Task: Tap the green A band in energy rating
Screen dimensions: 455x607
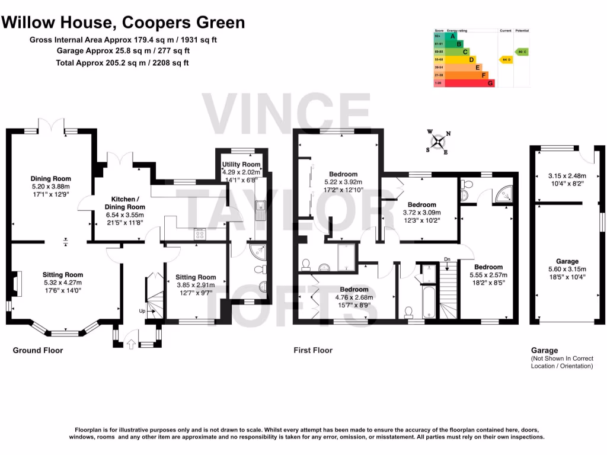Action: [x=453, y=36]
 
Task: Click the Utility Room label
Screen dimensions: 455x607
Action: [x=241, y=164]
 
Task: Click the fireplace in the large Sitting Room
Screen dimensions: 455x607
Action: [x=18, y=283]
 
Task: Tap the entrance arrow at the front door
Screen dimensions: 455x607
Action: [x=131, y=344]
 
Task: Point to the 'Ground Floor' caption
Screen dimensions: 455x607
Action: [x=38, y=351]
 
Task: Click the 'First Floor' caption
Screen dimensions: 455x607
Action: [x=313, y=351]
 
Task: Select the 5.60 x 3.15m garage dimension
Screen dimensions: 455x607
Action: [x=567, y=270]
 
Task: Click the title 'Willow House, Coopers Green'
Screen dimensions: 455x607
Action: [x=123, y=23]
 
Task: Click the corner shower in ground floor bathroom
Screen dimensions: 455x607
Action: [x=257, y=253]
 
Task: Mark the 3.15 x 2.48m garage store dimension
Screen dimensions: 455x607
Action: [x=567, y=176]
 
